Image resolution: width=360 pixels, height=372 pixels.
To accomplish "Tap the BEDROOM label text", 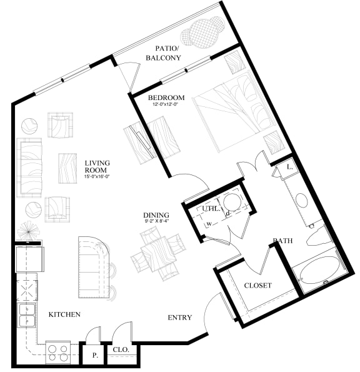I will [x=166, y=98].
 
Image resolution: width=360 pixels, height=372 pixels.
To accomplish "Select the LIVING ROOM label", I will [x=97, y=167].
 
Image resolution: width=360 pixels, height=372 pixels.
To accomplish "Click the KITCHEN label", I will [x=64, y=314].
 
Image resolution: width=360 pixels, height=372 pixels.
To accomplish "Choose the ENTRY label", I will [x=179, y=318].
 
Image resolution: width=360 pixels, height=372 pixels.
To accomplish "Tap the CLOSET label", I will [x=257, y=285].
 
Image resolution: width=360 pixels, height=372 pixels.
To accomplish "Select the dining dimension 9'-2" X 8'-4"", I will [x=155, y=221].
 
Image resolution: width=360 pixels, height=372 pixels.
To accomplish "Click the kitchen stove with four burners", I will [x=58, y=353].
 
